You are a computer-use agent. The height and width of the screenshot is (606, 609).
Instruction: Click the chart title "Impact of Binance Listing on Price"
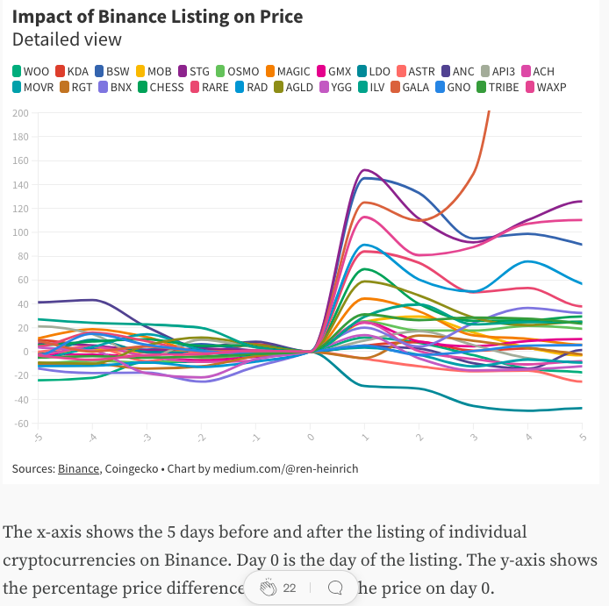tap(157, 16)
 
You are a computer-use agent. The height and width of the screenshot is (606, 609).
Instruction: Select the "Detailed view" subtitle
tap(67, 39)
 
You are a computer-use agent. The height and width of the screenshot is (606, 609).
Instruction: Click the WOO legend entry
tap(32, 71)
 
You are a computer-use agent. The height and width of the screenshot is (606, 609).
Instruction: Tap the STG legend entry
tap(193, 71)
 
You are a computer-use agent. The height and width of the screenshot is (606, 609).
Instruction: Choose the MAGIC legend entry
tap(287, 71)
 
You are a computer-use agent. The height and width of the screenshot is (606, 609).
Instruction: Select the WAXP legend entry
tap(545, 87)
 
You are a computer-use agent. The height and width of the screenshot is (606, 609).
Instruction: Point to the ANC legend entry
tap(457, 71)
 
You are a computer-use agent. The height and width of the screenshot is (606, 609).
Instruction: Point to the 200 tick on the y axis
tap(20, 113)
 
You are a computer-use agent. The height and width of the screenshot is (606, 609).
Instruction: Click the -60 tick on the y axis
tap(20, 424)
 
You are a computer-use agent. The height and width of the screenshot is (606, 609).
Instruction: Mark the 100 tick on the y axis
tap(20, 232)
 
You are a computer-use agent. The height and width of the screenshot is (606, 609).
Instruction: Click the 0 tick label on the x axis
tap(310, 436)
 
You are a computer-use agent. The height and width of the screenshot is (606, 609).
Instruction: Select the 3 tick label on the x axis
tap(474, 436)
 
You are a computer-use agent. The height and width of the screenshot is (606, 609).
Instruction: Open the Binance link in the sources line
tap(78, 468)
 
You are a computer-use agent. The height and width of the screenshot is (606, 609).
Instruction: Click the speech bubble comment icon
tap(334, 588)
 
